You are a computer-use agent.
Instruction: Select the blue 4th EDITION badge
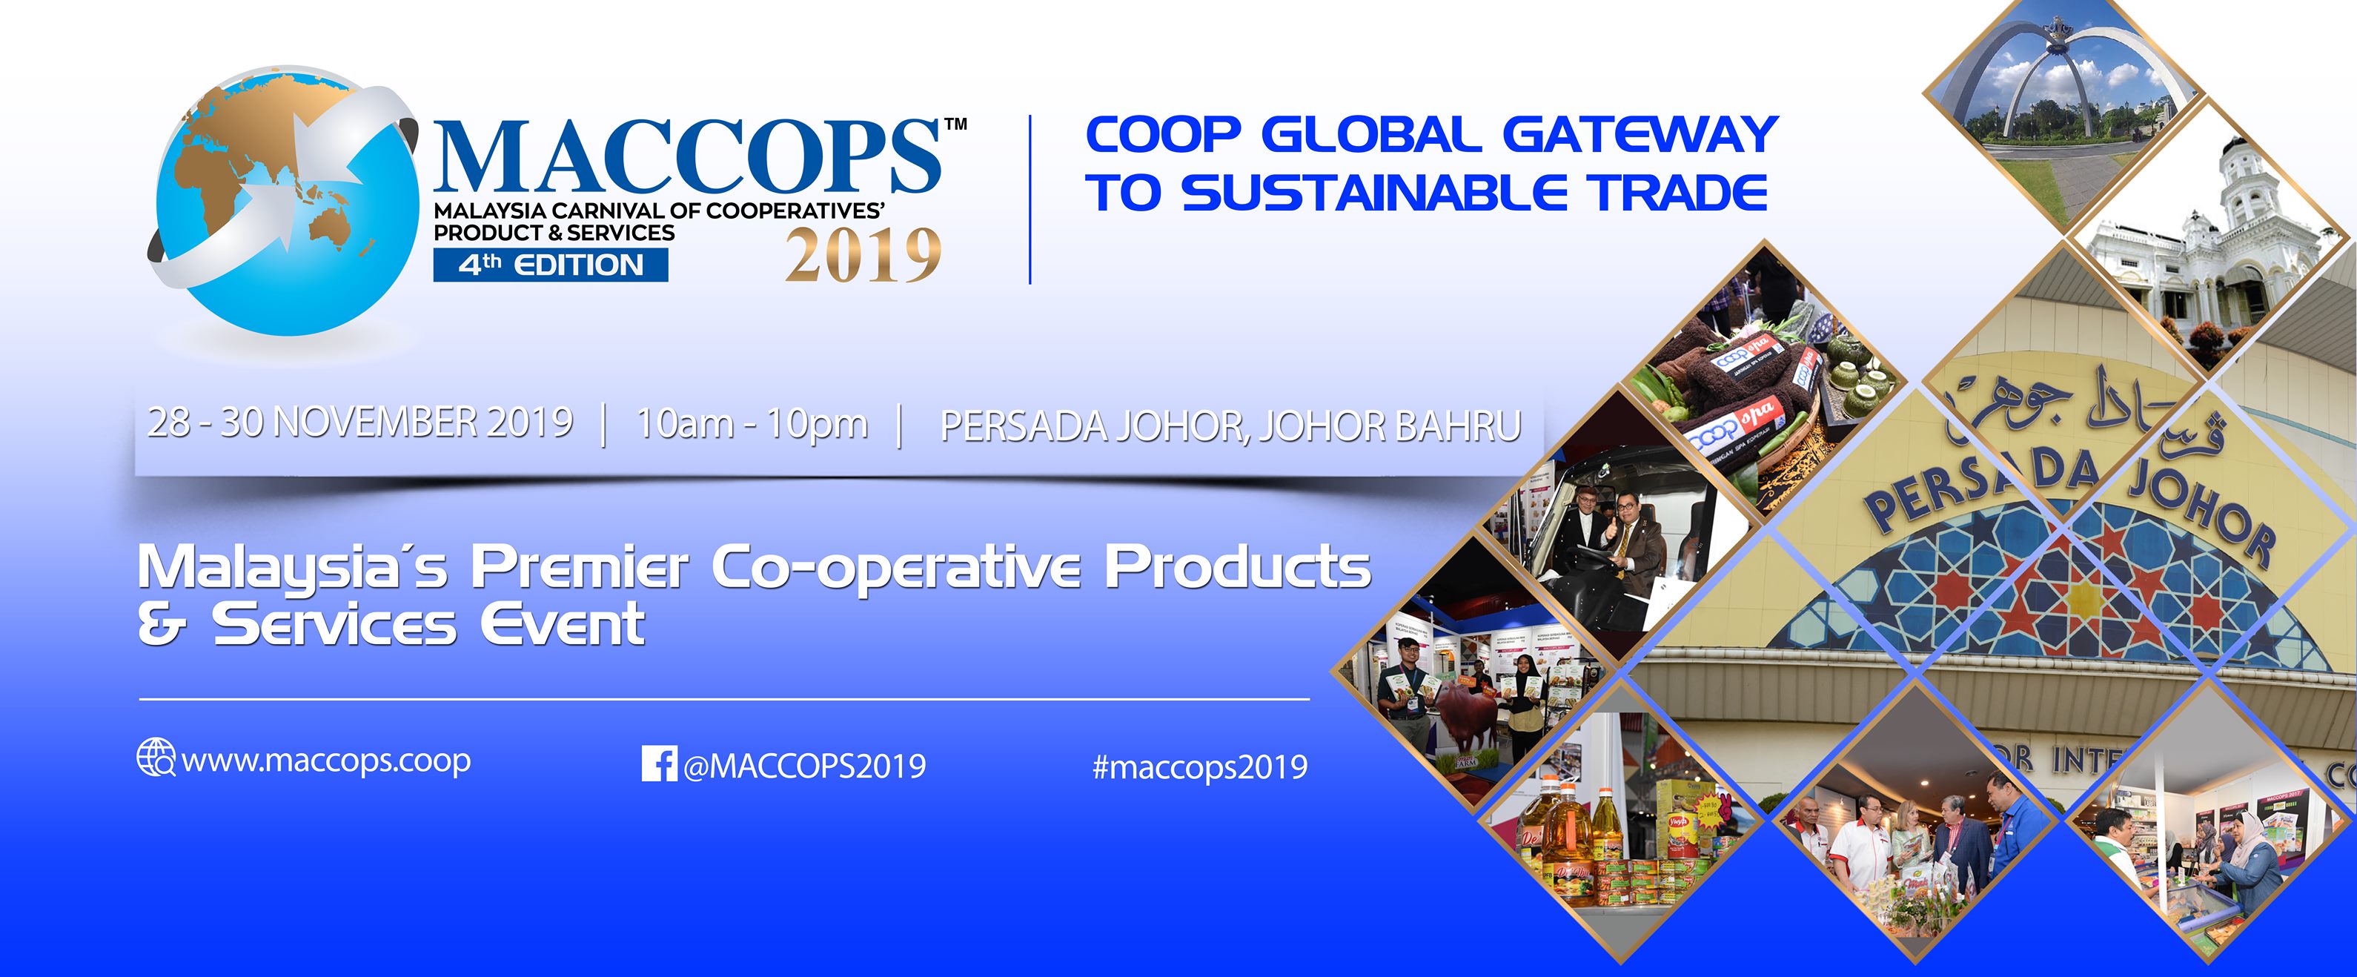tap(551, 265)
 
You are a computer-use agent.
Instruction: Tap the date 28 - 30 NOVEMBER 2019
tap(360, 423)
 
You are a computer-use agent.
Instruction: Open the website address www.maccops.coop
tap(327, 761)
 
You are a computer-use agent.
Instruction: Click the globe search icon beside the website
tap(156, 758)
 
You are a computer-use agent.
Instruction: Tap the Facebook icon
tap(660, 764)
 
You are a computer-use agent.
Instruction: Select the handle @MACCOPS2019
tap(804, 766)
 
